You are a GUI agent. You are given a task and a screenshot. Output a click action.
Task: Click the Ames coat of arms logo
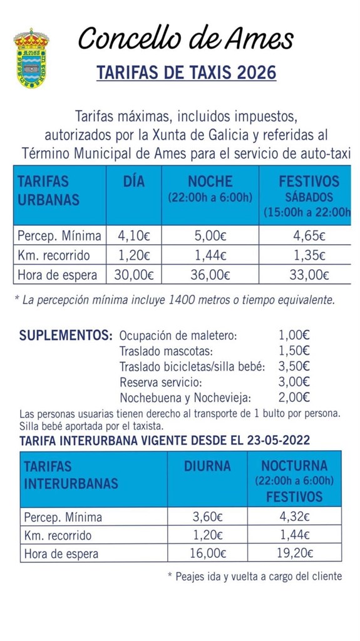pyautogui.click(x=31, y=58)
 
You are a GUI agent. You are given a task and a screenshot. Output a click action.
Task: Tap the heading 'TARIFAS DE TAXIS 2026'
pyautogui.click(x=186, y=73)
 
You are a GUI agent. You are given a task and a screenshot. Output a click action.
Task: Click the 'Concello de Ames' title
pyautogui.click(x=186, y=39)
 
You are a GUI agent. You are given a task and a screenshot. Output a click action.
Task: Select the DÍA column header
pyautogui.click(x=133, y=182)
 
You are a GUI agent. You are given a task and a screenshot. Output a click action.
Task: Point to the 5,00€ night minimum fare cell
pyautogui.click(x=210, y=236)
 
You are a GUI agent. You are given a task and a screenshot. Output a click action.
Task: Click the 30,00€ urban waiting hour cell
pyautogui.click(x=133, y=274)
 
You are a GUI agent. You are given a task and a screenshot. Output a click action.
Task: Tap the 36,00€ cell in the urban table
pyautogui.click(x=210, y=274)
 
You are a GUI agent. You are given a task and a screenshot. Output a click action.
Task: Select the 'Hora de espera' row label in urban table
pyautogui.click(x=58, y=274)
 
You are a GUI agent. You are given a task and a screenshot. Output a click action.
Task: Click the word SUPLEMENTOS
pyautogui.click(x=66, y=335)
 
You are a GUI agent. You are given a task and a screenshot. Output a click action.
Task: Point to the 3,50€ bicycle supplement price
pyautogui.click(x=294, y=366)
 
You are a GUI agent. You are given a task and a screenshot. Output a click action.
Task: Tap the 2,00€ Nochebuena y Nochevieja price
pyautogui.click(x=294, y=397)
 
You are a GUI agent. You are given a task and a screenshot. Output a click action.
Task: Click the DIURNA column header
pyautogui.click(x=207, y=466)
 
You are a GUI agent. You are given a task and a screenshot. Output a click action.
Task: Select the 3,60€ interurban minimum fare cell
pyautogui.click(x=207, y=517)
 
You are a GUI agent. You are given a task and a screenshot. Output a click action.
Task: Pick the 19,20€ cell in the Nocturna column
pyautogui.click(x=294, y=553)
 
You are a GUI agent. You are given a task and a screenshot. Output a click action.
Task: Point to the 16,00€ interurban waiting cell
pyautogui.click(x=207, y=553)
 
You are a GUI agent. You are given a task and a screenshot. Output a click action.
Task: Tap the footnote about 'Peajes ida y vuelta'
pyautogui.click(x=255, y=576)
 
